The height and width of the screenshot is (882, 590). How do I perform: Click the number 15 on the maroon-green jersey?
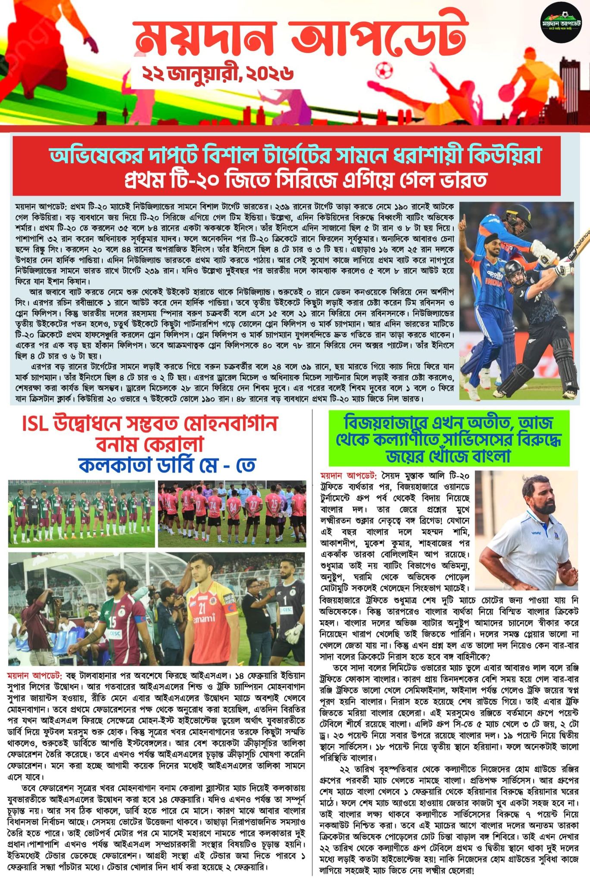[112, 622]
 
